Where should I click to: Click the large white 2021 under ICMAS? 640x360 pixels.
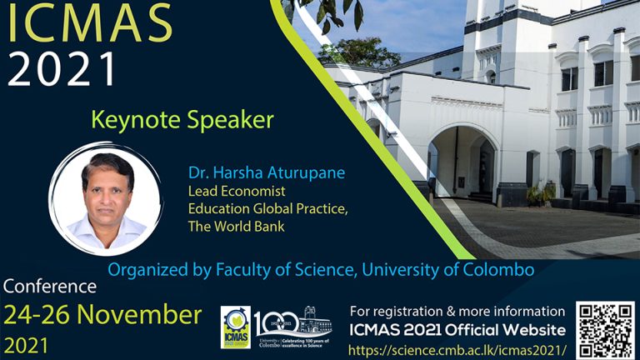coord(62,69)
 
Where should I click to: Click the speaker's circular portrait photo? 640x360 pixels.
coord(107,198)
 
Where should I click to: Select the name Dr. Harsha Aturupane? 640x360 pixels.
coord(266,173)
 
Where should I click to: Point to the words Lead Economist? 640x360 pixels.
coord(236,192)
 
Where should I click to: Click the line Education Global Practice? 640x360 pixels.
coord(260,209)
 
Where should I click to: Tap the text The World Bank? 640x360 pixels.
coord(237,227)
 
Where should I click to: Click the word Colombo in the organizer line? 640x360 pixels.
coord(492,270)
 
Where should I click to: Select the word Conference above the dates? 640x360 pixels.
coord(50,288)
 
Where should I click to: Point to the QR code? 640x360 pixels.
coord(607,328)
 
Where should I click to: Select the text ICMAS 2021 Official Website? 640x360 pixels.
coord(457,328)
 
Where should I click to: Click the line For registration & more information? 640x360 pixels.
coord(457,311)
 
